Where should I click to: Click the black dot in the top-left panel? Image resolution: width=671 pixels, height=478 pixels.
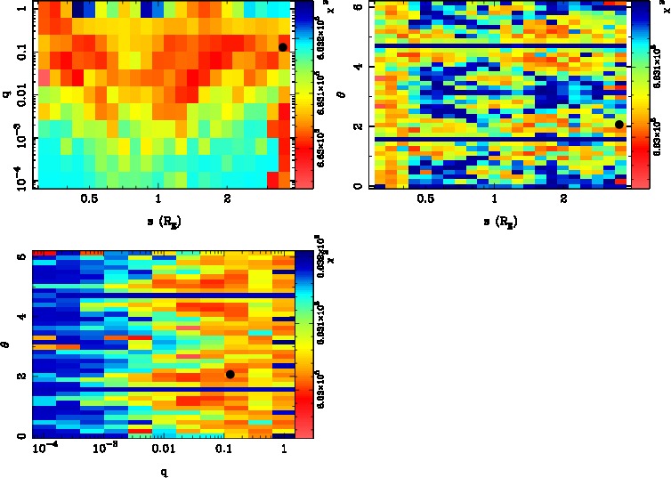tap(283, 47)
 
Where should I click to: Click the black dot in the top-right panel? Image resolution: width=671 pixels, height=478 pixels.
tap(619, 125)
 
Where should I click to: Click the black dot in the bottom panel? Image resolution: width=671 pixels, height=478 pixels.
tap(230, 374)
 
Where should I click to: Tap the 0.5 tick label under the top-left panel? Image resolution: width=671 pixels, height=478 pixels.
tap(89, 199)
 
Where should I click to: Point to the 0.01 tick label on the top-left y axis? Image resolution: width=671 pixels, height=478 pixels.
tap(19, 96)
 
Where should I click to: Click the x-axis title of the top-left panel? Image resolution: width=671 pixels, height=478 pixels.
tap(158, 219)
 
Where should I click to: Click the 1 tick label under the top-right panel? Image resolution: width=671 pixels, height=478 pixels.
tap(495, 199)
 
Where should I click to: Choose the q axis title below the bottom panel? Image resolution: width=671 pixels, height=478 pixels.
tap(164, 472)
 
